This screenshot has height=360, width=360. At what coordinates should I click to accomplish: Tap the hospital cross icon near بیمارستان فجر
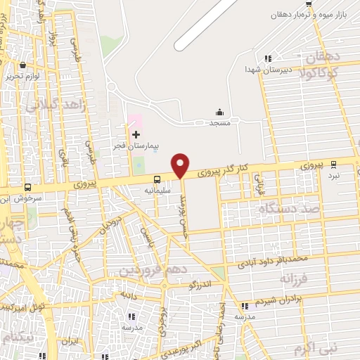point(136,134)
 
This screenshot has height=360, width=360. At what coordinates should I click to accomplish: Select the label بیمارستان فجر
point(134,146)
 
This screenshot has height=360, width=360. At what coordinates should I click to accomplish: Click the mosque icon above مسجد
point(219,111)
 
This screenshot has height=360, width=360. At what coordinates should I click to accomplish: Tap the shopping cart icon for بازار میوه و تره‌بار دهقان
point(309,4)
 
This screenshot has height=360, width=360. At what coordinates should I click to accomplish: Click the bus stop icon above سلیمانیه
point(156,180)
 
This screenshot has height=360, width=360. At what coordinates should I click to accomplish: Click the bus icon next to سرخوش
point(27,187)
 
